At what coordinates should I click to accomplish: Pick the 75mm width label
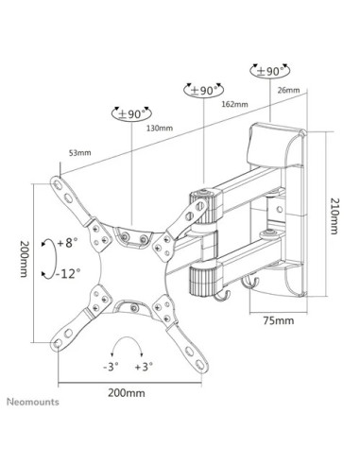click(276, 320)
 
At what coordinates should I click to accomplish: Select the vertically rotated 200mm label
click(17, 261)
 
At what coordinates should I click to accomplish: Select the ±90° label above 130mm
click(134, 113)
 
